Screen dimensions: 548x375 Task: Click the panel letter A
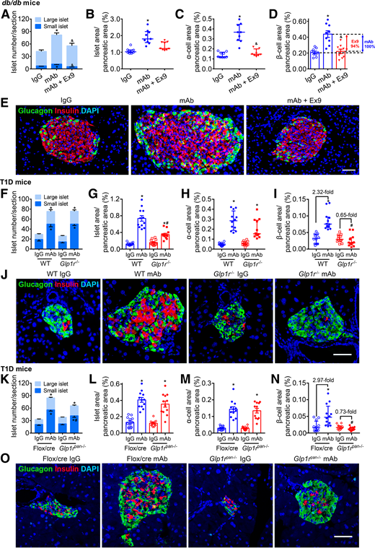click(x=5, y=14)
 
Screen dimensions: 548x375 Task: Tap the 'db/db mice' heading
click(x=21, y=5)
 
